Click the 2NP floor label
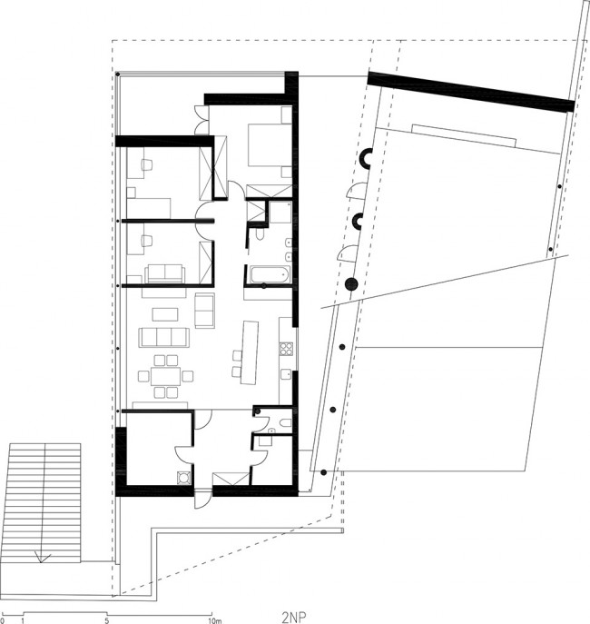294,618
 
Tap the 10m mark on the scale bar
214,620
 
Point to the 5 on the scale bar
106,620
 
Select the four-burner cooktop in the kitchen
286,349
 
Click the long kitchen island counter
249,352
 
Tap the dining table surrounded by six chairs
166,376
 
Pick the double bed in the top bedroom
270,144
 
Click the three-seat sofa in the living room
163,337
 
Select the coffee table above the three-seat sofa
165,314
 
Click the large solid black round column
351,283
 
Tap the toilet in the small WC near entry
285,422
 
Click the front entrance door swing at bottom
202,500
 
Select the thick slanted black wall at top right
471,91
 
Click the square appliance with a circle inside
184,478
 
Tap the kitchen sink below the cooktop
285,375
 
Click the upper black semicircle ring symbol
366,157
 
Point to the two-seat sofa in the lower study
164,273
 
